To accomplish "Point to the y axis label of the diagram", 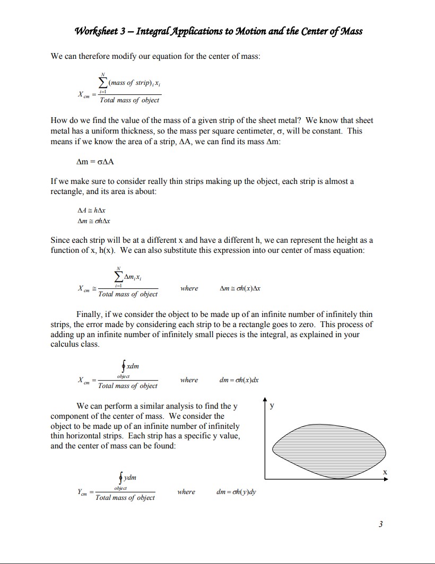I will coord(272,406).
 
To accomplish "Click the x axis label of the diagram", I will coord(385,471).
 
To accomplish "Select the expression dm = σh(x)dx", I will coord(239,380).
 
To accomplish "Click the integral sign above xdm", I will coord(123,366).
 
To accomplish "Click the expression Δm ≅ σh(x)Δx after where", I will coord(240,288).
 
